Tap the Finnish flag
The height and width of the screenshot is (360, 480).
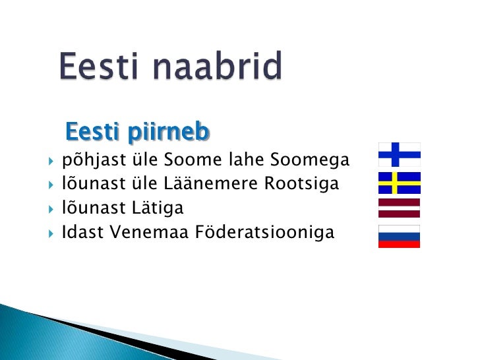[399, 154]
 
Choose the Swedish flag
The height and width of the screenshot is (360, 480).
[399, 183]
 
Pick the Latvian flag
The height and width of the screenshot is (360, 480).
[399, 208]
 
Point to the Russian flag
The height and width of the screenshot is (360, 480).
[399, 236]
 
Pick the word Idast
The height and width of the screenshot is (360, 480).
[77, 232]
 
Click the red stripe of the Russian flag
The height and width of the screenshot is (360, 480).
[399, 244]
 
